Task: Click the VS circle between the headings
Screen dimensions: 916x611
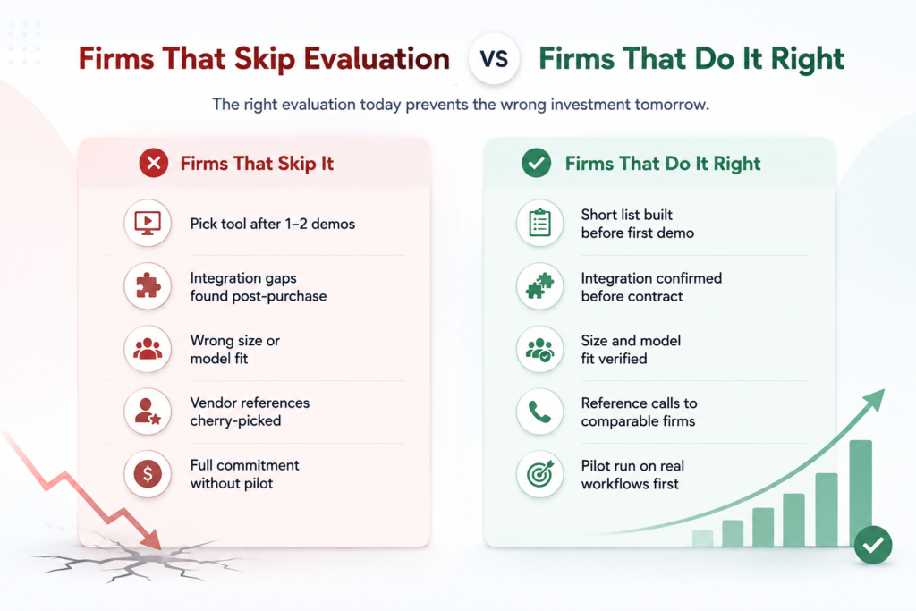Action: (494, 59)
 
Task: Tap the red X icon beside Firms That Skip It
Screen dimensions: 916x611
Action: (154, 163)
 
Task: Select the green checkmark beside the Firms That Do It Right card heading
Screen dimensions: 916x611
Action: (537, 163)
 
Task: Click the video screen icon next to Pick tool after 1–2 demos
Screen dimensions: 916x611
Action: (148, 223)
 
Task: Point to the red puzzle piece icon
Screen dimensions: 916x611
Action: (148, 286)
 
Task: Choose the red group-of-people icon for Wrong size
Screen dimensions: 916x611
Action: (148, 349)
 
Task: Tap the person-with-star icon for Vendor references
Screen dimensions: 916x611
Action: (148, 412)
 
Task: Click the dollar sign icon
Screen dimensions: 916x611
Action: (148, 474)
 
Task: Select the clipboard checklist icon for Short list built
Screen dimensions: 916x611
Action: (539, 223)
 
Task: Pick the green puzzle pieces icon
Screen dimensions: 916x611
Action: (539, 286)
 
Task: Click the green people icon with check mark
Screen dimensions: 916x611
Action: (539, 349)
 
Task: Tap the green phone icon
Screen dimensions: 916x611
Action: (539, 412)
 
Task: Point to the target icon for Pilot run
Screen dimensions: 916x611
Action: (539, 474)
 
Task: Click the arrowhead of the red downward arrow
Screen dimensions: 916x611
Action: (151, 539)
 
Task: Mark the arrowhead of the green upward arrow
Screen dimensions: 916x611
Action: (873, 400)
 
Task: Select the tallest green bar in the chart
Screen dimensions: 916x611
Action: (861, 493)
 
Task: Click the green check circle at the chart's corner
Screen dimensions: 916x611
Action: (873, 546)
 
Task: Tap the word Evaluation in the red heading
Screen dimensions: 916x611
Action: (377, 59)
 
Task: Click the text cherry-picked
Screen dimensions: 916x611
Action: (235, 421)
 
